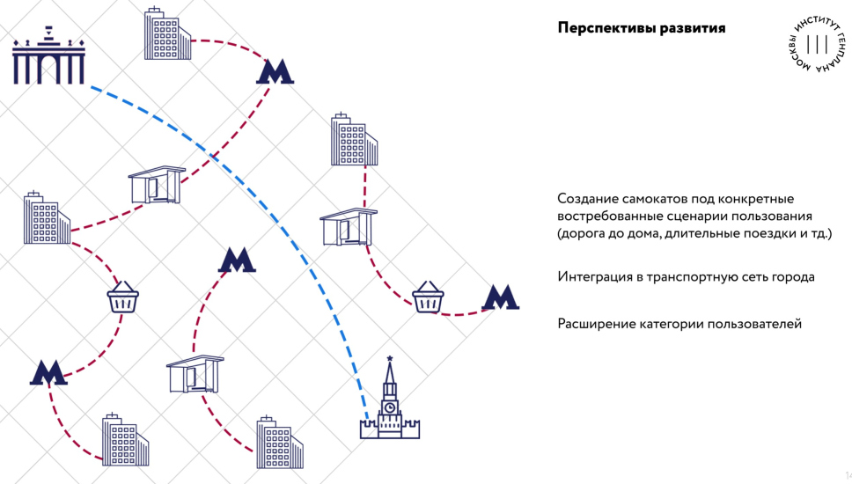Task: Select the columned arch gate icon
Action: click(x=48, y=57)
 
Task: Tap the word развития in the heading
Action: click(x=692, y=28)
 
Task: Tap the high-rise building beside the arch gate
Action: click(x=166, y=35)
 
